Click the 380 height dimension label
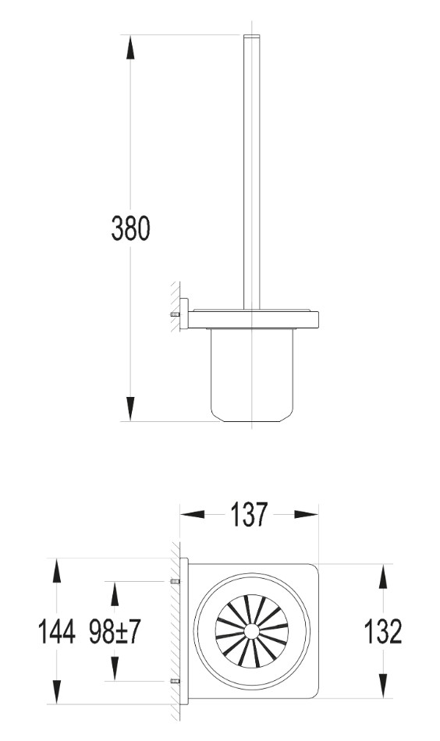coord(129,229)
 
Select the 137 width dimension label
coord(249,515)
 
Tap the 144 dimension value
coord(57,632)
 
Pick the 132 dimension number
coord(383,632)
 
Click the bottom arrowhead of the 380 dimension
coord(130,408)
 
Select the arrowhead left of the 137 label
coord(193,515)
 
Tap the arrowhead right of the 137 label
coord(305,515)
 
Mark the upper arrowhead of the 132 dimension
coord(383,578)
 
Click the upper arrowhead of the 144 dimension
coord(57,573)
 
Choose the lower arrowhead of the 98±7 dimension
coord(115,668)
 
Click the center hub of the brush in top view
coord(251,631)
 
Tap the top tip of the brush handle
coord(251,37)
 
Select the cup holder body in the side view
coord(251,374)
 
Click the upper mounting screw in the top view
coord(175,582)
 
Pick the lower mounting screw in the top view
coord(175,682)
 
